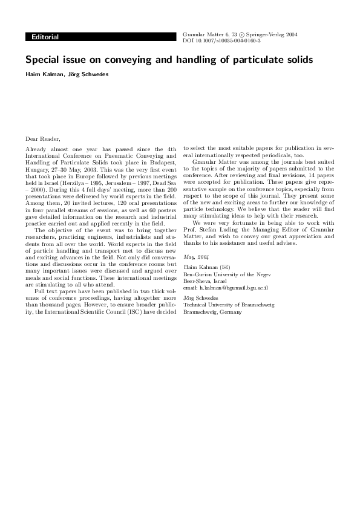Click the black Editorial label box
(x=46, y=37)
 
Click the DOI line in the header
(x=221, y=41)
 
